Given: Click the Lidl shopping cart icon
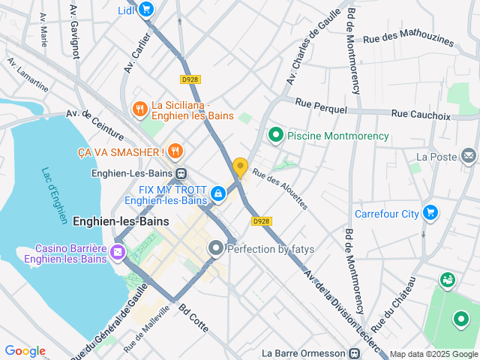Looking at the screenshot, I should (146, 10).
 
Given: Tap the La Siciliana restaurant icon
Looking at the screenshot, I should (139, 109).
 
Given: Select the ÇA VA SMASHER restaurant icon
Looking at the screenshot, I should (175, 151).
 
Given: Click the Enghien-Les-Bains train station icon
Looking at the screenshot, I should (181, 172).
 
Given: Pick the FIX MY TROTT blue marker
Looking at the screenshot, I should (217, 193).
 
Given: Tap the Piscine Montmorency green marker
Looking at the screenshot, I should (275, 136).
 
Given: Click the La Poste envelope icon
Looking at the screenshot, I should (469, 156).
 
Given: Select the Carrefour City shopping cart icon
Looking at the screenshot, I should (430, 213).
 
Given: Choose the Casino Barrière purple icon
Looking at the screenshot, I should (118, 252).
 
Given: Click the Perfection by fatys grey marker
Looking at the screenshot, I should (216, 247).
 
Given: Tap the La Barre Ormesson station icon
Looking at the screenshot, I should (355, 353).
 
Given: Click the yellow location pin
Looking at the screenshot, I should (240, 166).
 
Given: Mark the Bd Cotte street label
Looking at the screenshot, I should (192, 320).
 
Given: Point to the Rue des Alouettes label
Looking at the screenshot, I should (279, 188).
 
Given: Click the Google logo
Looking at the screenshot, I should (25, 351).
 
